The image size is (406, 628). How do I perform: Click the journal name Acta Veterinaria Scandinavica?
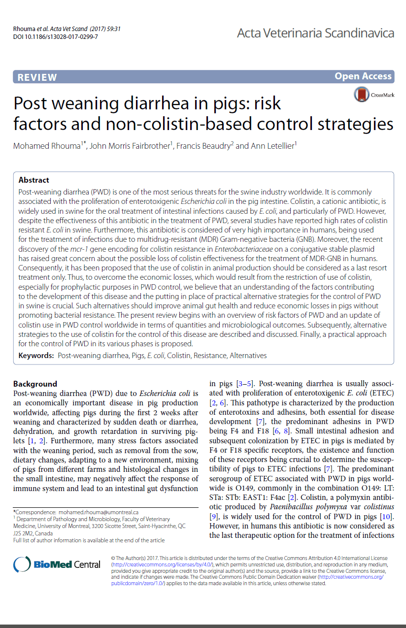315,33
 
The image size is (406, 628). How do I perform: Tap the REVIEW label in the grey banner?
37,77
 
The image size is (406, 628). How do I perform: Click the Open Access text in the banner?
363,76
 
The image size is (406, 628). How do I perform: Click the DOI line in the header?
55,37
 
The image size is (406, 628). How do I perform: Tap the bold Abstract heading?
34,180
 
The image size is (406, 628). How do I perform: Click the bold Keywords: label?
36,355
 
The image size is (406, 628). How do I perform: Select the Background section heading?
35,384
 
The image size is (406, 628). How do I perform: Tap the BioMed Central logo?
57,564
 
